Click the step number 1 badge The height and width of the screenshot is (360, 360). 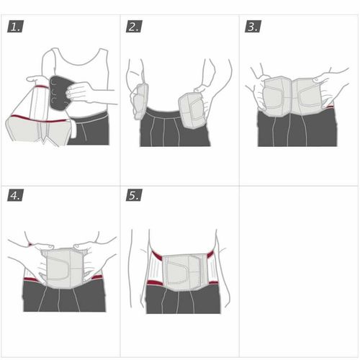click(15, 27)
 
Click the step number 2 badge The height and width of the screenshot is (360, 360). click(134, 27)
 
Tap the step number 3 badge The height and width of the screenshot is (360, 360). click(253, 27)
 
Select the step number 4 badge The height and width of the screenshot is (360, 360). click(15, 195)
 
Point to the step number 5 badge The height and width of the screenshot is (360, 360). click(134, 195)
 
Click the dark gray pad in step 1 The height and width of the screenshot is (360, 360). click(59, 93)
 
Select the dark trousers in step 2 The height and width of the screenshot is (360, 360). click(174, 130)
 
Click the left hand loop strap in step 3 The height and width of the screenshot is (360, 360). click(273, 97)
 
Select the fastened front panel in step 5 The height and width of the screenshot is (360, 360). click(184, 271)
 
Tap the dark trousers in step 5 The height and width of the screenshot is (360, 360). click(183, 300)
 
